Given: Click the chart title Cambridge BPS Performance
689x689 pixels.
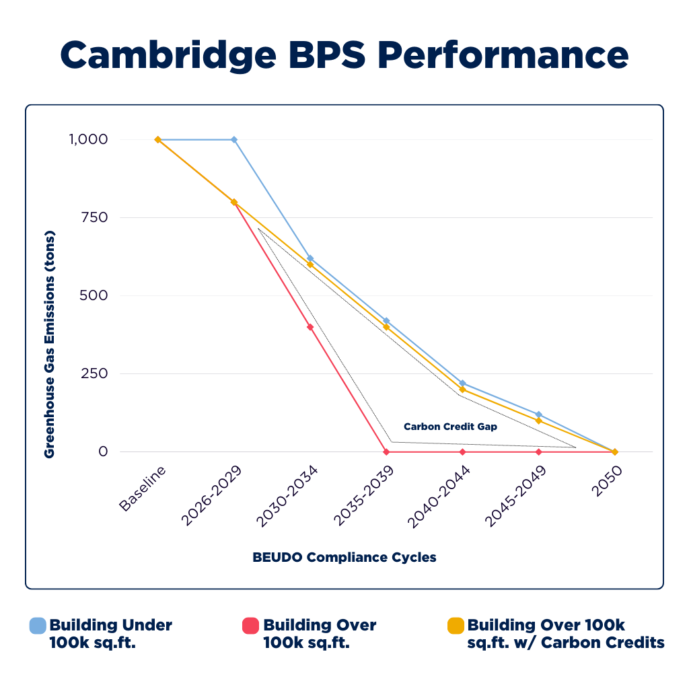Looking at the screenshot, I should point(344,55).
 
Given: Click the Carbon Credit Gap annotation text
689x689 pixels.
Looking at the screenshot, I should point(450,427).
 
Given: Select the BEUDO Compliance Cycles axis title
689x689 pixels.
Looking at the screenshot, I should point(344,557).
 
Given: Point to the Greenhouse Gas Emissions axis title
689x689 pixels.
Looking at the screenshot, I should point(49,345).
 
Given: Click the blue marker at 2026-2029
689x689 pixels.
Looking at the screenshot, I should point(234,139).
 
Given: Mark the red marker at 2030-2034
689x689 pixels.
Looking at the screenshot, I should point(310,327).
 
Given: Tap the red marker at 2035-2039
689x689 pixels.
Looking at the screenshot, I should point(386,451).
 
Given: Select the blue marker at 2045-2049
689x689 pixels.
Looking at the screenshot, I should point(538,414).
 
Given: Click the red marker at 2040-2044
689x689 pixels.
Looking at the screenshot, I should point(462,451).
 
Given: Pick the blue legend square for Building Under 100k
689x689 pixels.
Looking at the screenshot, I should point(38,626).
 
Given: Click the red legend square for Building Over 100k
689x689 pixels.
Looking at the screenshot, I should point(250,626).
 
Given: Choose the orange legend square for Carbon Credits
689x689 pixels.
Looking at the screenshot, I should point(456,626).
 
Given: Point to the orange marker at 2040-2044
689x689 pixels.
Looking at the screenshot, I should point(462,389).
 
